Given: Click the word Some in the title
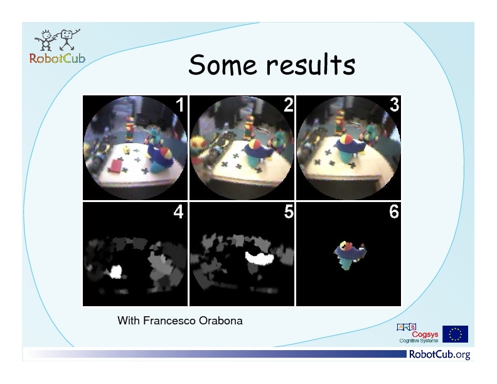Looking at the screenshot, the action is [222, 65].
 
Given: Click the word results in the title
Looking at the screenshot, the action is [311, 65].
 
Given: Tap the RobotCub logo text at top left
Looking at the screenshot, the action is [57, 58].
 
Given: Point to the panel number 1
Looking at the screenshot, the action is [179, 105].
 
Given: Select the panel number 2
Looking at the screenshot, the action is [289, 105].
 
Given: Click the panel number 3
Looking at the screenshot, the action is [394, 105].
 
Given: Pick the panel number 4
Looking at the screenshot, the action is [178, 211].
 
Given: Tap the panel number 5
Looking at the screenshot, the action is [289, 211].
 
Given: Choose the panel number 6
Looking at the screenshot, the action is [394, 211].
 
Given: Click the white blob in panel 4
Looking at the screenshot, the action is [115, 272].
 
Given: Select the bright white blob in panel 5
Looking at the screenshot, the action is [259, 258].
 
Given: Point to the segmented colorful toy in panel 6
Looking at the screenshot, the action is [350, 255].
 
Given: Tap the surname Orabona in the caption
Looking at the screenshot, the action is [221, 321].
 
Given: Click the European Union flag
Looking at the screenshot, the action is [455, 334].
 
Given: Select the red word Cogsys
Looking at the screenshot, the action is [425, 334].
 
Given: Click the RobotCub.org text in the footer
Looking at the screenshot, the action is [440, 355].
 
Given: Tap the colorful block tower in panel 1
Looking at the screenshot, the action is [130, 129].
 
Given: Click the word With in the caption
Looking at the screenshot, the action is [129, 321].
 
